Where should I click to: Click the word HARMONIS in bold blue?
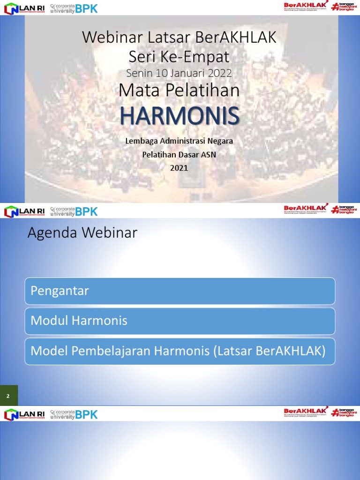(179, 116)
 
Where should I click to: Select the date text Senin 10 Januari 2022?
(179, 73)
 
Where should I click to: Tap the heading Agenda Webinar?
(82, 233)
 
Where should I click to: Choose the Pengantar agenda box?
(180, 291)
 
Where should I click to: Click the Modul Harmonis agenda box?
(180, 321)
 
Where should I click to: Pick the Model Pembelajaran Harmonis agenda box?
(180, 351)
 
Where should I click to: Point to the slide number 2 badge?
(8, 396)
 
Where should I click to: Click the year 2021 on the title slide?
(179, 168)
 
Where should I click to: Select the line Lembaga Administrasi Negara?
(179, 141)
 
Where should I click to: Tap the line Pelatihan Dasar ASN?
(179, 155)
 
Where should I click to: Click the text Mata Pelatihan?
(179, 90)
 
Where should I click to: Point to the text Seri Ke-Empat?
(179, 56)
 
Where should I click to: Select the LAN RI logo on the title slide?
(24, 8)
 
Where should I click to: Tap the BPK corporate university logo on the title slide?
(74, 8)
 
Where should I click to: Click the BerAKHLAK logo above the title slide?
(305, 7)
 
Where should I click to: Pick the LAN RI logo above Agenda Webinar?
(24, 211)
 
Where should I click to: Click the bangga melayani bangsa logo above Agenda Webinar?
(342, 209)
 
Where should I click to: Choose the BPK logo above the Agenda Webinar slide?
(74, 211)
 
